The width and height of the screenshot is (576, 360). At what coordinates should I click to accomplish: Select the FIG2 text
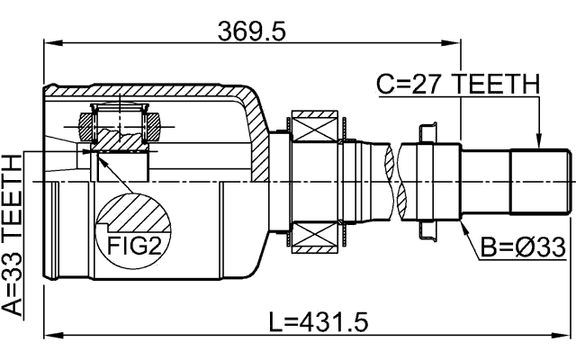[134, 246]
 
